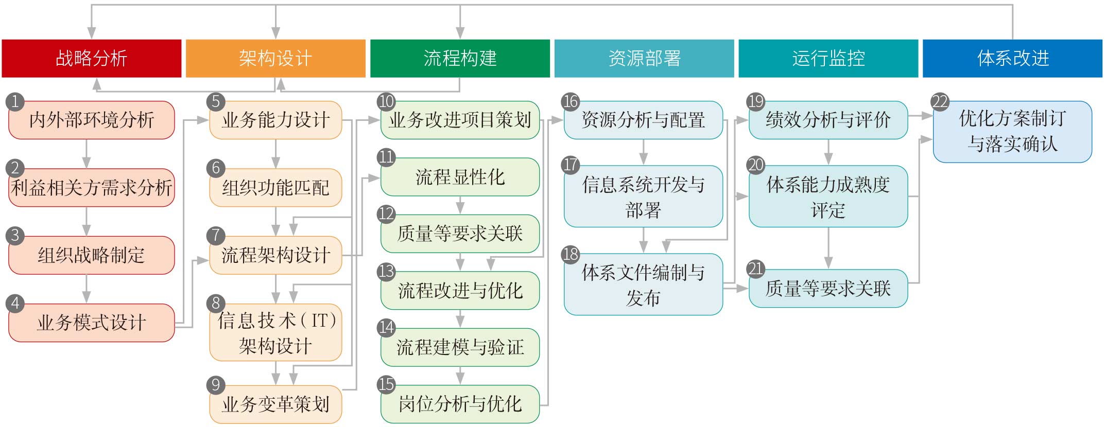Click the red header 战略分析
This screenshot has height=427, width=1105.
coord(92,58)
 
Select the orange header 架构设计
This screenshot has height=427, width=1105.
coord(275,58)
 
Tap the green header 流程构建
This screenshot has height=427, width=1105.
coord(460,58)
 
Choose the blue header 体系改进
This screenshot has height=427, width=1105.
coord(1012,58)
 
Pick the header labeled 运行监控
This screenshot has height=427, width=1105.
coord(828,58)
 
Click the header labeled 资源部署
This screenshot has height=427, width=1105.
coord(644,58)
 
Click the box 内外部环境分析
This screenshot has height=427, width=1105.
coord(92,120)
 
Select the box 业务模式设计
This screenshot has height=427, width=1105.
coord(92,323)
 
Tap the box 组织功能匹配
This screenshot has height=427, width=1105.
coord(275,188)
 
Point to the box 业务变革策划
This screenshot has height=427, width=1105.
coord(275,404)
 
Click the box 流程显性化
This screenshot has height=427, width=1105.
coord(460,177)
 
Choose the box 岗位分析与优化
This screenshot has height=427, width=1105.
coord(460,404)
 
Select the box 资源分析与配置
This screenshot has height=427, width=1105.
coord(643,120)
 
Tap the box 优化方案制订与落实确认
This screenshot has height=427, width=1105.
coord(1012,132)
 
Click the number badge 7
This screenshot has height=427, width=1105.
coord(216,236)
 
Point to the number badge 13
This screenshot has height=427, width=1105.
coord(386,271)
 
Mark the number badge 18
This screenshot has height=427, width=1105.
coord(571,254)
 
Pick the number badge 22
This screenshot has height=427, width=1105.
coord(940,101)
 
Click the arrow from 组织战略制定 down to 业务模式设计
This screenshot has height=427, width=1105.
coord(87,289)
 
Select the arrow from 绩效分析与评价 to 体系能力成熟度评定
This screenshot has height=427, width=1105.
coord(828,152)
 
